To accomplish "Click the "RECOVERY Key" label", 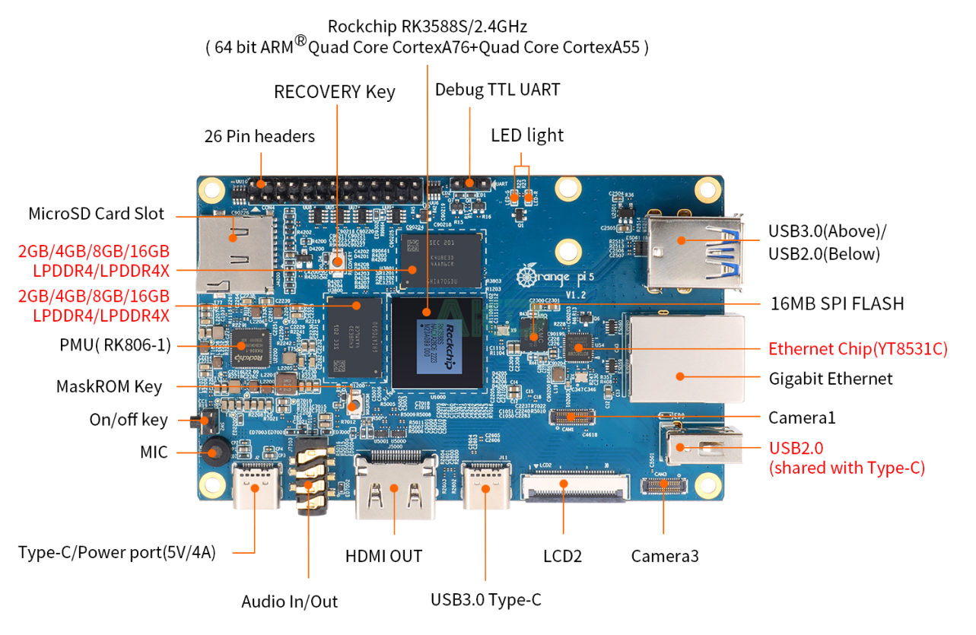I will pos(335,92).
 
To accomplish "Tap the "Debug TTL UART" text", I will pos(498,90).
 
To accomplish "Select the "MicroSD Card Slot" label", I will pos(96,214).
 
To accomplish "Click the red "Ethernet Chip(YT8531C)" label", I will pos(858,349).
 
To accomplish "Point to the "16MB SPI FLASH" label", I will pos(836,303).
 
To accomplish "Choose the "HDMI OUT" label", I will pos(383,556).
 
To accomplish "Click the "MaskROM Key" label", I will pos(109,386).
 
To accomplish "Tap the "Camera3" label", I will pos(664,556).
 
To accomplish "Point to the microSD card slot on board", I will pos(235,252).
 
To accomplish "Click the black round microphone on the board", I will pos(215,452).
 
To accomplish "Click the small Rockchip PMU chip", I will pos(250,350).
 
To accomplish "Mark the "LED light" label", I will pos(527,135).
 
